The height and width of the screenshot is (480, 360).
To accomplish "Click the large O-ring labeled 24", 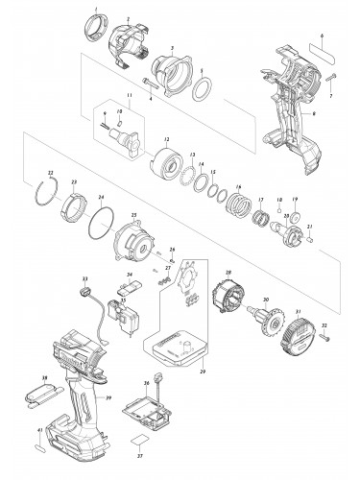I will pyautogui.click(x=101, y=229).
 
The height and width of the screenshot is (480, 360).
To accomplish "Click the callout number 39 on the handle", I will pyautogui.click(x=108, y=396).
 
